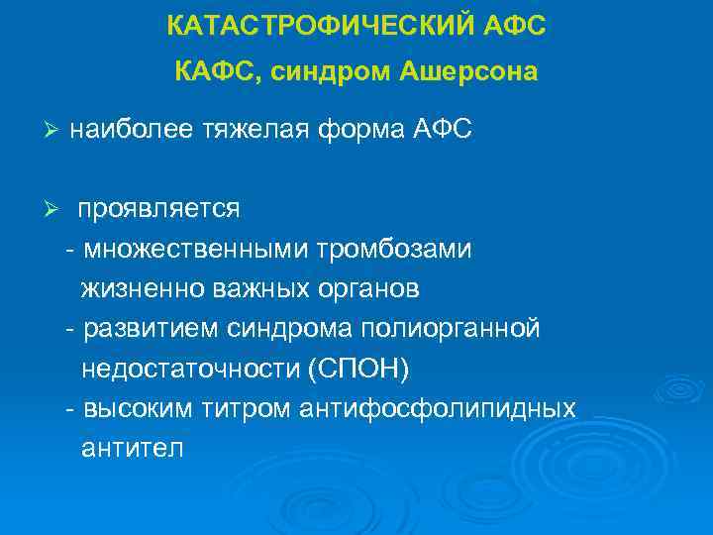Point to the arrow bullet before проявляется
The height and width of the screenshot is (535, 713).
click(x=53, y=210)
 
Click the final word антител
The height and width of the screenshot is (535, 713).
click(x=132, y=447)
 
